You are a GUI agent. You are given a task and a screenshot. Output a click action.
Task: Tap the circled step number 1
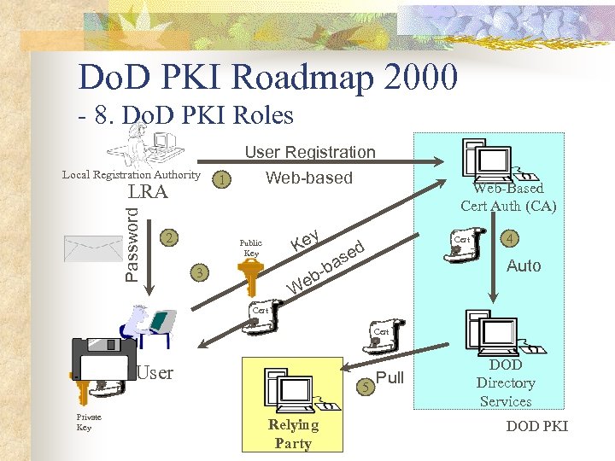click(222, 180)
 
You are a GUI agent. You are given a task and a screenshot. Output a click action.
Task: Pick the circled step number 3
click(199, 273)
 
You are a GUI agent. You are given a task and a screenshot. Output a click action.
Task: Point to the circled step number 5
click(365, 387)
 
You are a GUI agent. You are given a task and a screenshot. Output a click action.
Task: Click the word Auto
click(524, 266)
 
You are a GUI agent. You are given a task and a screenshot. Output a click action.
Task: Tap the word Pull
click(389, 378)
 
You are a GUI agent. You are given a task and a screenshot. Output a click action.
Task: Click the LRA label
click(148, 192)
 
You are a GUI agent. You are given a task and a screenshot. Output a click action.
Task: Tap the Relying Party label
click(293, 434)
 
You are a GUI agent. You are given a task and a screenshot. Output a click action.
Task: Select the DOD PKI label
click(536, 426)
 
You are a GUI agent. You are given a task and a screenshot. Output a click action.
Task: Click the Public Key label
click(251, 248)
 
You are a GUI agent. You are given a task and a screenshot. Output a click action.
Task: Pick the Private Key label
click(89, 422)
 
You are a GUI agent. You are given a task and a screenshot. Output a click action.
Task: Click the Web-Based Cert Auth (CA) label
click(507, 196)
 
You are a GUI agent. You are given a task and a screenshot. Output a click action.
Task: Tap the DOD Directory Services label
click(506, 383)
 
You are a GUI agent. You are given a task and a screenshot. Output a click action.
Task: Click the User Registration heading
click(310, 152)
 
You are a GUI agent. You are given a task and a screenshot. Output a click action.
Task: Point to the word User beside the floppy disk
click(155, 372)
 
